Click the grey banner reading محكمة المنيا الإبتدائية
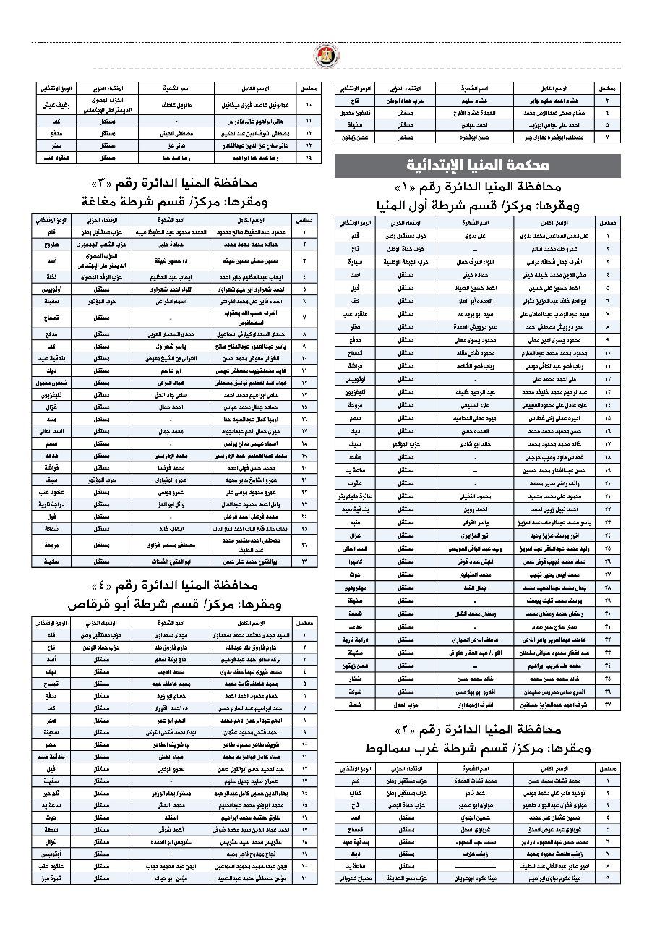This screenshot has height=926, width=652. coord(477,166)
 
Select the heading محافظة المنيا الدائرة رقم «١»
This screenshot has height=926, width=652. coord(477,187)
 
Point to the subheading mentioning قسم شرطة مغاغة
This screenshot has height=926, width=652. coord(173,200)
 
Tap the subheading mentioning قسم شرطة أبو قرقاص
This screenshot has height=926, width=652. coord(173,603)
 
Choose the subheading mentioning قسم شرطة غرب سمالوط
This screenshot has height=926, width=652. coord(477,748)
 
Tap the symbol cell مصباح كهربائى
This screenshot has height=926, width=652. coord(356,878)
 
